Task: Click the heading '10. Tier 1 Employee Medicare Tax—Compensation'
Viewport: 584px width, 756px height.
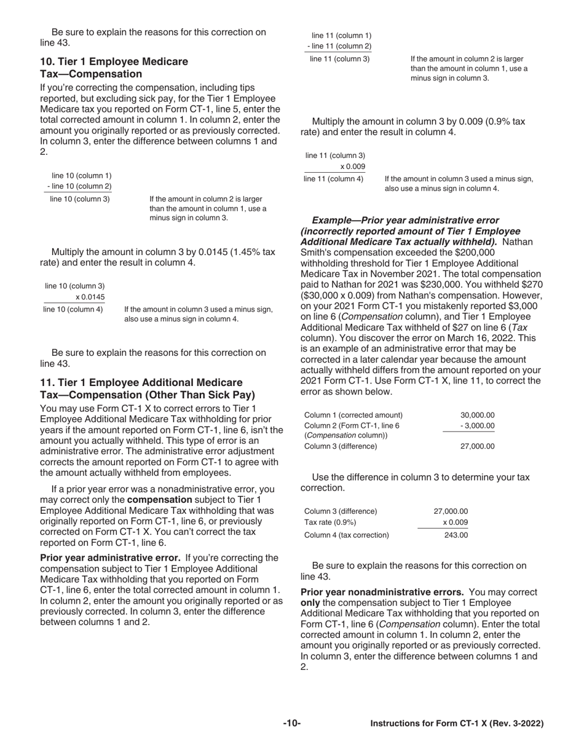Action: [x=114, y=68]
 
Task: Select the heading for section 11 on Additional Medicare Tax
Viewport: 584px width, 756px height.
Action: [x=148, y=388]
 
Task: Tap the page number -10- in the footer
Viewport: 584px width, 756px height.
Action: [x=291, y=723]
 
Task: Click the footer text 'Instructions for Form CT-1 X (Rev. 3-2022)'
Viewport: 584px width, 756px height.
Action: [x=456, y=724]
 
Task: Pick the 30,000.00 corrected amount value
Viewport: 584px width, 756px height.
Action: [x=477, y=415]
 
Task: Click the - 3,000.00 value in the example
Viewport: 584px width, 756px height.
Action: [x=477, y=425]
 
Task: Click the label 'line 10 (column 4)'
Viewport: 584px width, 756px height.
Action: [x=73, y=309]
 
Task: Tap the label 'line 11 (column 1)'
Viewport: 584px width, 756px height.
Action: [x=341, y=36]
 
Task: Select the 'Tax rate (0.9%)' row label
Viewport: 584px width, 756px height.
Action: [x=330, y=522]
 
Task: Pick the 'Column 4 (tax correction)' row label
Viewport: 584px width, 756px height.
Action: [x=347, y=535]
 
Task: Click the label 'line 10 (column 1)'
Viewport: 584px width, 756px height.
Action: [x=81, y=175]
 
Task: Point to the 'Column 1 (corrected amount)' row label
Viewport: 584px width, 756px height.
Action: [x=353, y=415]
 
